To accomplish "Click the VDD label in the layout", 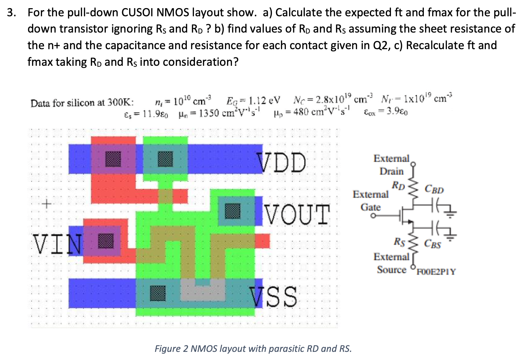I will (281, 162).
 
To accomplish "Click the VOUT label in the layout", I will (297, 215).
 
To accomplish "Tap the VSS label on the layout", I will (274, 296).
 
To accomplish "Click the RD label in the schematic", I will (398, 185).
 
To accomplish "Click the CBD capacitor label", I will (434, 189).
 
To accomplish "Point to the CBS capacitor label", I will (433, 244).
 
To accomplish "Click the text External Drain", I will (392, 165).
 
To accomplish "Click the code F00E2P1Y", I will (436, 272).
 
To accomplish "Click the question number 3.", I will (11, 13).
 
